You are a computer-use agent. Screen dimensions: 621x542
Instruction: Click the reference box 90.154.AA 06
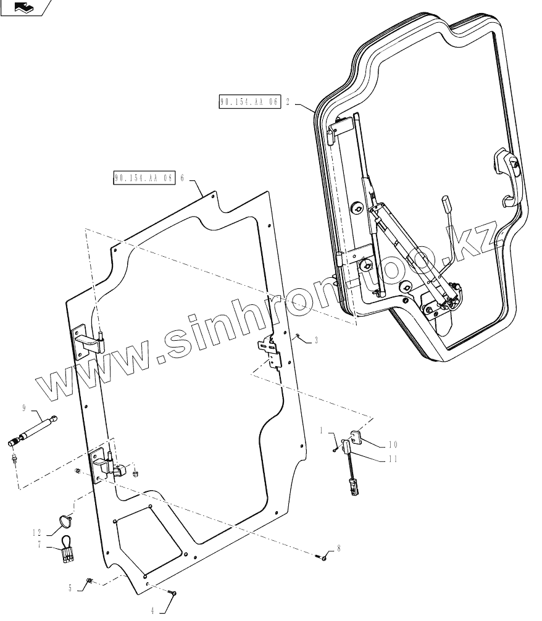tap(249, 102)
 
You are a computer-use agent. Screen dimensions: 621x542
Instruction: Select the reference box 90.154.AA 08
tap(144, 178)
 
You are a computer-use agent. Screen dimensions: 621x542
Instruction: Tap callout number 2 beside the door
tap(288, 102)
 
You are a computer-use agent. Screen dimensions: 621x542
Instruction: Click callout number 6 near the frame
tap(182, 178)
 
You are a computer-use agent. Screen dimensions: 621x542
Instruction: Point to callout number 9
tap(23, 407)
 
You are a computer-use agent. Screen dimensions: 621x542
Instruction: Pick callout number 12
tap(38, 531)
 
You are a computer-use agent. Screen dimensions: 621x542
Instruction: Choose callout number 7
tap(40, 544)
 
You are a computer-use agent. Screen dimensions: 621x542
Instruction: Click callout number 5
tap(70, 588)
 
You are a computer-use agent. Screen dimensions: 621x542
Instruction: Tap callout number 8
tap(338, 548)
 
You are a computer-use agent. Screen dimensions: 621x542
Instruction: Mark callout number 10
tap(393, 444)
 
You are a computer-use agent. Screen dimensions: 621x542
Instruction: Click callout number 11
tap(393, 459)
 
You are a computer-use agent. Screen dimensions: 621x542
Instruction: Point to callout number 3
tap(316, 340)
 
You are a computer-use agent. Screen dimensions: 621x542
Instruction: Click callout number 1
tap(322, 429)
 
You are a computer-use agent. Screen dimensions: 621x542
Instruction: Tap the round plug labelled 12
tap(65, 522)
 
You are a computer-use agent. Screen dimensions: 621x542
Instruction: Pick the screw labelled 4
tap(173, 594)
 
